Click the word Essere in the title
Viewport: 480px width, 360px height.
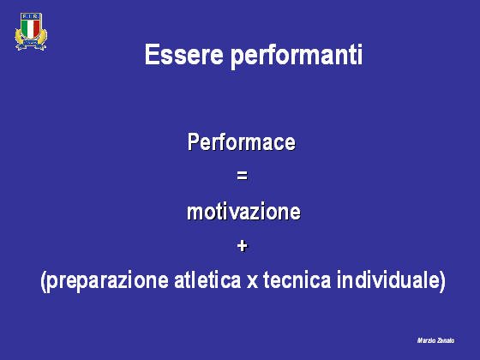[184, 55]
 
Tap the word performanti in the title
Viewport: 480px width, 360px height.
[297, 57]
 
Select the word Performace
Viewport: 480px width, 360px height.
[242, 142]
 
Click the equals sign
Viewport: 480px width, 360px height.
[242, 176]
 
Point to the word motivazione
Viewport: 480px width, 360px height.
[243, 212]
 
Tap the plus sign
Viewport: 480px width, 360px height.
[242, 246]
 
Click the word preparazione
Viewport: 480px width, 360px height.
[108, 281]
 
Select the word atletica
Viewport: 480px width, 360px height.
[207, 279]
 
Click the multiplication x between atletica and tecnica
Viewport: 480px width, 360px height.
[252, 282]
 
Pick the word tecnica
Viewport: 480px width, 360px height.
[297, 279]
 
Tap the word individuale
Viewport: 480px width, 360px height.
[387, 279]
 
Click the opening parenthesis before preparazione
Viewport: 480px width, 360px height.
[44, 281]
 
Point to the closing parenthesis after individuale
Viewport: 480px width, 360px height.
[441, 281]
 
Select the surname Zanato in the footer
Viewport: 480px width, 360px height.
[446, 340]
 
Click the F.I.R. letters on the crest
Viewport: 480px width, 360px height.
[31, 17]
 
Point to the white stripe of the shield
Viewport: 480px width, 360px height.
[31, 29]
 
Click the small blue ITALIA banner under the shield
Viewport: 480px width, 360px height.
[31, 43]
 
